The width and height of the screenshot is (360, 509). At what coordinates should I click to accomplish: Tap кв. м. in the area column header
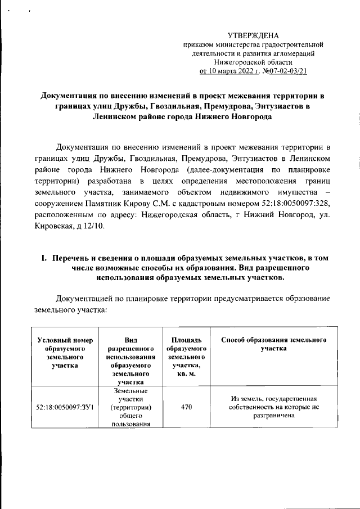(x=186, y=374)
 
